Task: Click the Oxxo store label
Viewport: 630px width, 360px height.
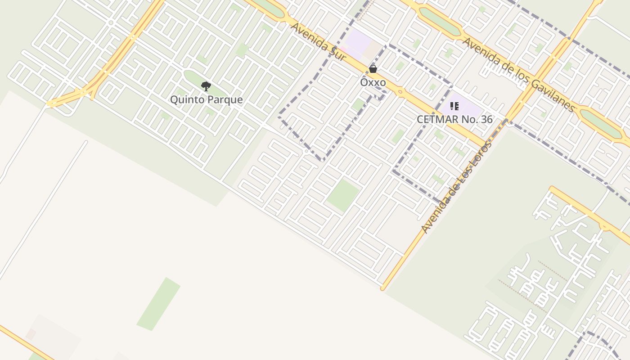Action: [x=373, y=82]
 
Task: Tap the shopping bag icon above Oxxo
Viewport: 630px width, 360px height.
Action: [x=373, y=69]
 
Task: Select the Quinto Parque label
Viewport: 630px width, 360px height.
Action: [x=206, y=99]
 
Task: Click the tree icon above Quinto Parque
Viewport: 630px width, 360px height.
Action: [x=206, y=86]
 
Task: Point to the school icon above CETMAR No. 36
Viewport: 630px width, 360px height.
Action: [x=454, y=106]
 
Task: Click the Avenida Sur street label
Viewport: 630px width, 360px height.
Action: [x=319, y=41]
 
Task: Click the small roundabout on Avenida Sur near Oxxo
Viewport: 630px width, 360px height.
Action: [x=400, y=92]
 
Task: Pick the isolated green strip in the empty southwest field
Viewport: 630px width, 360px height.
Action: [x=158, y=304]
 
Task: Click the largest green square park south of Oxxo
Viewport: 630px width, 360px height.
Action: [x=343, y=195]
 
